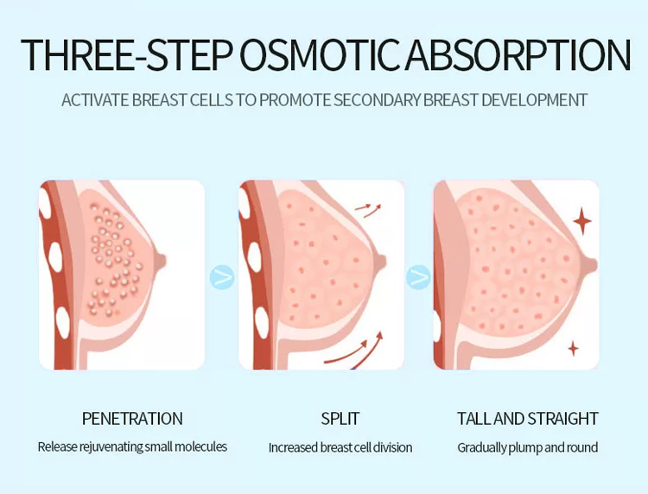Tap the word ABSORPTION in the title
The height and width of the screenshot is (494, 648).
(x=518, y=54)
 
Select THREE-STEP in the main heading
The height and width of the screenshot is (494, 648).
(x=125, y=54)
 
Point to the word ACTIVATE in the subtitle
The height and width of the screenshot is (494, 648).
(x=95, y=100)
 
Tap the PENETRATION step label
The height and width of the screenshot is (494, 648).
(x=132, y=418)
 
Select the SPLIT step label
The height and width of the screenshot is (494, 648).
(x=340, y=418)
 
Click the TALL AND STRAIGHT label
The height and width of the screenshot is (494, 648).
(x=528, y=418)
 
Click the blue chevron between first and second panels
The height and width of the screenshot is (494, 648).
(x=222, y=276)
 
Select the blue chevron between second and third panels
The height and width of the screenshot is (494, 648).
(x=418, y=276)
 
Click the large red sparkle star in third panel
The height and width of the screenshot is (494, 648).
(x=582, y=222)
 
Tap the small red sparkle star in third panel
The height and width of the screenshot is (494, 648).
(x=573, y=349)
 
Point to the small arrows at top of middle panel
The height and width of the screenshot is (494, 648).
(x=369, y=210)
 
